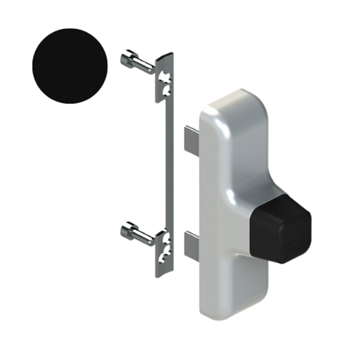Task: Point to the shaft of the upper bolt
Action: (145, 67)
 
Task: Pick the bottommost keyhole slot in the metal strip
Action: (164, 260)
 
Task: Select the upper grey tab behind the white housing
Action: (190, 140)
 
